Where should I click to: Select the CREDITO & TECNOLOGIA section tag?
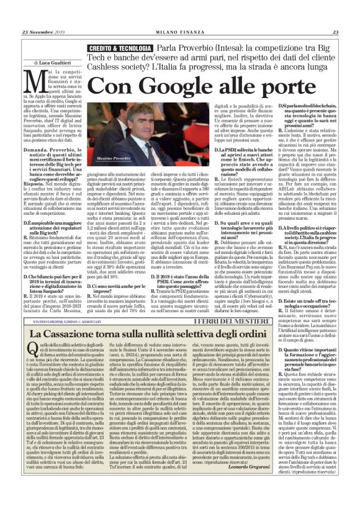119,47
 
